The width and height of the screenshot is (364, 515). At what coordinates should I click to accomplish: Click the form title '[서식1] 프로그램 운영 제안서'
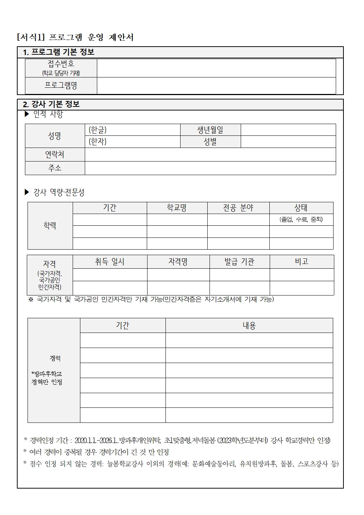pyautogui.click(x=75, y=37)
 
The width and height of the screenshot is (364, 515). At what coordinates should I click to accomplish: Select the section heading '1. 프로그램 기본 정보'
pyautogui.click(x=59, y=52)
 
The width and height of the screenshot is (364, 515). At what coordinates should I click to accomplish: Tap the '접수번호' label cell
pyautogui.click(x=61, y=68)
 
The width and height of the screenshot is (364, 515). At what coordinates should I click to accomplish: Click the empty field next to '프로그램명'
pyautogui.click(x=216, y=86)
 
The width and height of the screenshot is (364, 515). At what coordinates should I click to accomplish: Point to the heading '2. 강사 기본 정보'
pyautogui.click(x=51, y=104)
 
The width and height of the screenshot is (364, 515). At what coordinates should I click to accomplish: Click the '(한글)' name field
pyautogui.click(x=132, y=130)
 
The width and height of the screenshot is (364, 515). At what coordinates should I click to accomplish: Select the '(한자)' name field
pyautogui.click(x=132, y=142)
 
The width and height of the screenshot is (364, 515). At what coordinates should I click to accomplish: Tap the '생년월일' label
pyautogui.click(x=210, y=130)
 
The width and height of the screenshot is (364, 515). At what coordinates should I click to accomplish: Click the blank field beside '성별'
pyautogui.click(x=288, y=142)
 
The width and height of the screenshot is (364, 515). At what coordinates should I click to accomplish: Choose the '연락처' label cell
pyautogui.click(x=55, y=155)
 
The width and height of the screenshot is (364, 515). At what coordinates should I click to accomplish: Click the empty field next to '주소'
pyautogui.click(x=210, y=168)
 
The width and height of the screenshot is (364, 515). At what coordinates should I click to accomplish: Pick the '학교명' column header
pyautogui.click(x=177, y=208)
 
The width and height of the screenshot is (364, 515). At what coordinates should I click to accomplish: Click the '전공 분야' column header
pyautogui.click(x=238, y=208)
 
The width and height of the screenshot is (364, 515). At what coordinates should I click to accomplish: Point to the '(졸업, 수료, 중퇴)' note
pyautogui.click(x=301, y=220)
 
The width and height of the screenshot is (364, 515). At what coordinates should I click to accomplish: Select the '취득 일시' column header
pyautogui.click(x=110, y=262)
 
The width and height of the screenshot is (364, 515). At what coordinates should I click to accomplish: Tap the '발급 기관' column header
pyautogui.click(x=239, y=262)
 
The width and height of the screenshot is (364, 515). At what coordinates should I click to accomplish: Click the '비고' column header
pyautogui.click(x=302, y=262)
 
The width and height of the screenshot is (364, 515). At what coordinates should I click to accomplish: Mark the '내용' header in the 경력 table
pyautogui.click(x=249, y=326)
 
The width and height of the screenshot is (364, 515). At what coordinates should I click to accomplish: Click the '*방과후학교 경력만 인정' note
pyautogui.click(x=47, y=378)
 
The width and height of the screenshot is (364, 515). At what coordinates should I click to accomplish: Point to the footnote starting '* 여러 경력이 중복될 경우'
pyautogui.click(x=96, y=452)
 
